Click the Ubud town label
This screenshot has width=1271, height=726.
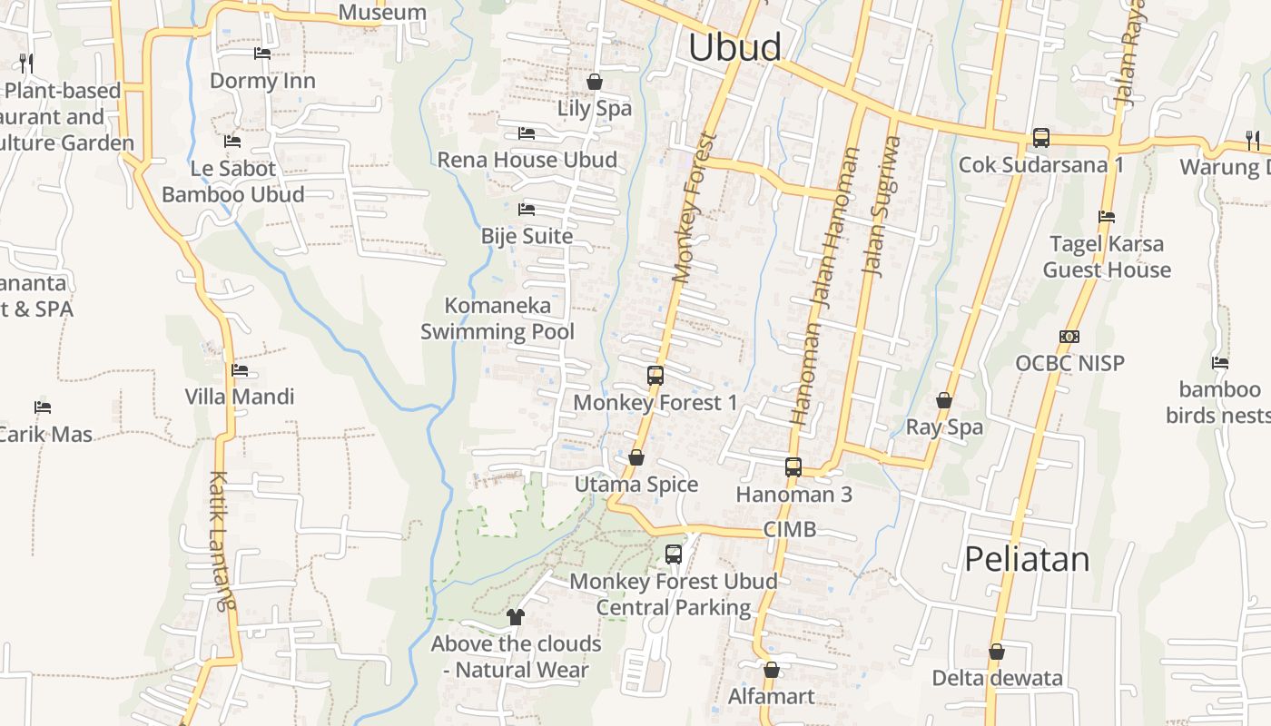734,47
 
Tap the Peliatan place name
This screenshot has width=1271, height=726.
1027,559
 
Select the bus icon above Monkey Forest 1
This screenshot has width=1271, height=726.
655,375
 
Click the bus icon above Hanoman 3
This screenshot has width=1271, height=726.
793,467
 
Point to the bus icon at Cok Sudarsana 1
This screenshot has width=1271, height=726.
1040,138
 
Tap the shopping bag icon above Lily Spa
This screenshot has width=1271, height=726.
595,82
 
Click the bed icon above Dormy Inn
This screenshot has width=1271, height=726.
262,54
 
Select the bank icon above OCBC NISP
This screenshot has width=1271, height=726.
1069,337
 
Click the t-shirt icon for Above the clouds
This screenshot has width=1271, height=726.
516,617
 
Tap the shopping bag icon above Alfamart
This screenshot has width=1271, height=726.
771,670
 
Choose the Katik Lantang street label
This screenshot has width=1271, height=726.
221,540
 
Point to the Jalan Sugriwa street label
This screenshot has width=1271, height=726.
880,205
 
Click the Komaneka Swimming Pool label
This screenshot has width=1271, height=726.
498,319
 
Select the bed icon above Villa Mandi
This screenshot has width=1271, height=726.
240,370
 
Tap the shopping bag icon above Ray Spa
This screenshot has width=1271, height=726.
944,400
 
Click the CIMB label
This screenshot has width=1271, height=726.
789,529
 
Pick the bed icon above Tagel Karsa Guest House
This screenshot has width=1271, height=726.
1106,217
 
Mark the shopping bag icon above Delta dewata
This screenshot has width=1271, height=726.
996,652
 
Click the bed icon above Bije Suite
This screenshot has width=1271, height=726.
527,210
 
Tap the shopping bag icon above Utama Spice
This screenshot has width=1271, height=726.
635,457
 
